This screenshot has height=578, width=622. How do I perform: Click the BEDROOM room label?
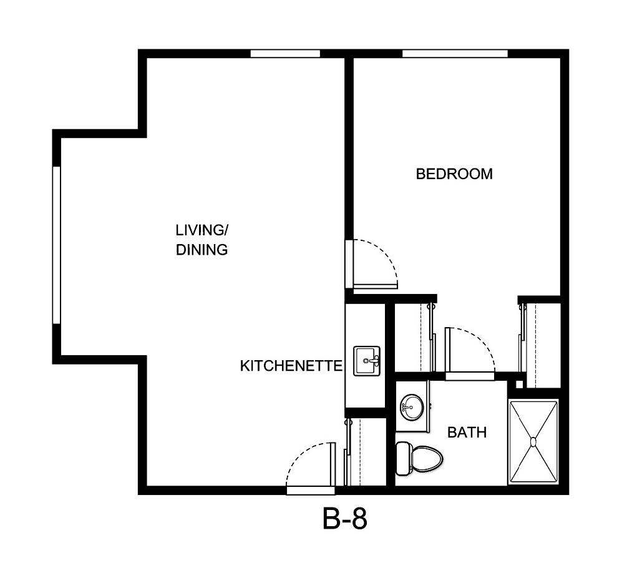[454, 174]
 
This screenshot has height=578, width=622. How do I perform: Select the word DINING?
[201, 250]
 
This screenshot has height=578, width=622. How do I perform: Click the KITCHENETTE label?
[291, 366]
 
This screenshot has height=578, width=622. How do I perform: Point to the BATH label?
[467, 432]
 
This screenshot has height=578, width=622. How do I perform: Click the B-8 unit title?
[345, 519]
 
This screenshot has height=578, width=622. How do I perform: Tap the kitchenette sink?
[367, 361]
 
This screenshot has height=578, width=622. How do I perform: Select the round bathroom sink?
[411, 407]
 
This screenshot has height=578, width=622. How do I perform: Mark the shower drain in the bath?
[533, 441]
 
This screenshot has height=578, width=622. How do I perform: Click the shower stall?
[533, 441]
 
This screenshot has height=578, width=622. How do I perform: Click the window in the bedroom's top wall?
[454, 54]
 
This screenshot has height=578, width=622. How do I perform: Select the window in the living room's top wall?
[285, 54]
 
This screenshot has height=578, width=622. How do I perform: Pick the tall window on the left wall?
[56, 245]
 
